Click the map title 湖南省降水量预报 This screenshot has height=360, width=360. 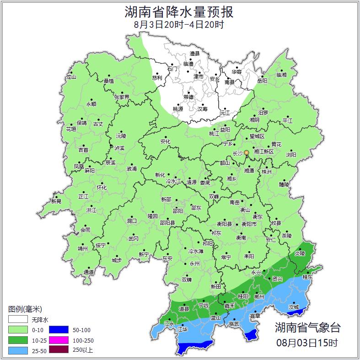coord(180,12)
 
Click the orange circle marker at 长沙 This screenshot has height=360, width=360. coord(247,152)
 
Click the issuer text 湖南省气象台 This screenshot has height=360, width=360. coord(307,327)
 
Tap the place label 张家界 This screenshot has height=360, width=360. coord(122,97)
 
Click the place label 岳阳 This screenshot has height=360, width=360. coord(262,81)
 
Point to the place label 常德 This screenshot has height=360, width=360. coord(188,97)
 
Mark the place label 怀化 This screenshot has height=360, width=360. coord(102,188)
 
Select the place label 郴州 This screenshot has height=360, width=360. coord(259,296)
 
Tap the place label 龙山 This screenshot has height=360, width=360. coord(71,77)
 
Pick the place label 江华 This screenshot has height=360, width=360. coord(182,329)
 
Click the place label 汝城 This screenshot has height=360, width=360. coord(294,307)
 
